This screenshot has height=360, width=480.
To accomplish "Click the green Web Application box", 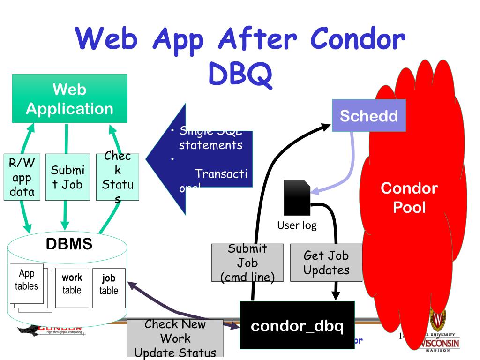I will pos(69,99).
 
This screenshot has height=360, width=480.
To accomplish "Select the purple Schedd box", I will pos(369,115).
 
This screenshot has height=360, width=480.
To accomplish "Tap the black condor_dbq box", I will pos(298,325).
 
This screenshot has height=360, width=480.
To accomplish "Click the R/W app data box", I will pos(22,177).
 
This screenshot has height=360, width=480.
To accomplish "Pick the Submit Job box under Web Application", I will pos(67,177).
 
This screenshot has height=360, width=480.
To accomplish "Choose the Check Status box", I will pos(117,177).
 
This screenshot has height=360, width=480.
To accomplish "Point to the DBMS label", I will pos(69,244).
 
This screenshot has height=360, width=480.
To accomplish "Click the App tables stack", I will pos(27,281).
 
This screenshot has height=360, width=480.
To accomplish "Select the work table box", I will pos(72,284).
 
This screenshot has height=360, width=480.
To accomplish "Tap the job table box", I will pos(109,285).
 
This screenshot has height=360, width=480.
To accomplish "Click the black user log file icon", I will pos(297,197).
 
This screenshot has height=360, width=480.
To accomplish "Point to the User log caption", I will pos(297,225).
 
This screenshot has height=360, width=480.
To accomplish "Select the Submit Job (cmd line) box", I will pos(247,262).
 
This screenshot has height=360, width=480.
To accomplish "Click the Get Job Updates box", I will pos(326,262).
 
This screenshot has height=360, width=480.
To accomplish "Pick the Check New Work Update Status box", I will pos(175,338).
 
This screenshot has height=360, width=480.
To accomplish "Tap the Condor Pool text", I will pos(409,197).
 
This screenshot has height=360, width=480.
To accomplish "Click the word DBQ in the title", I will pos(240,75).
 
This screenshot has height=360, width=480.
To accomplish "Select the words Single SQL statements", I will pos(210,138).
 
